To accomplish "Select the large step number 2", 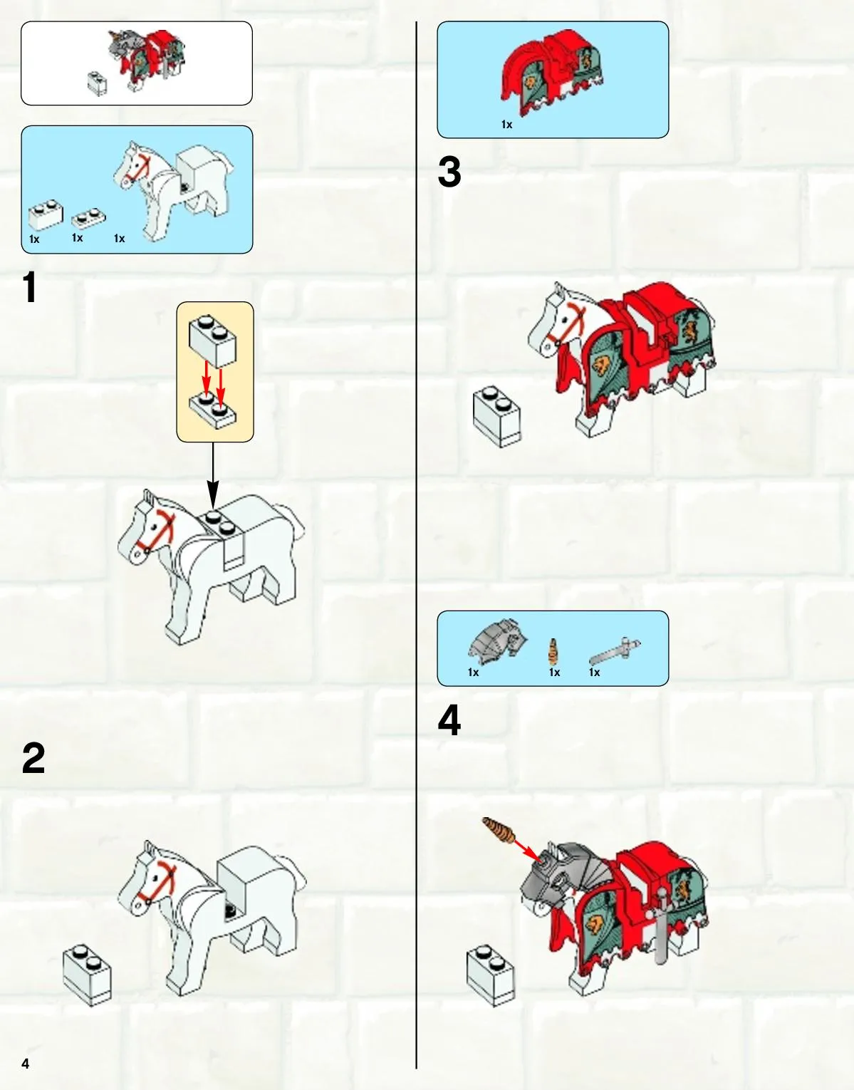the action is tap(33, 759).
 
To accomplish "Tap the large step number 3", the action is tap(449, 172).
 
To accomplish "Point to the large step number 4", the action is tap(449, 721).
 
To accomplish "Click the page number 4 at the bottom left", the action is tap(26, 1064).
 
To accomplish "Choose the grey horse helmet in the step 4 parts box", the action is tap(497, 638).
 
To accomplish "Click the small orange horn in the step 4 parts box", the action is tap(553, 652).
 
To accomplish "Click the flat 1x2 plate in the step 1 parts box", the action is tap(89, 219).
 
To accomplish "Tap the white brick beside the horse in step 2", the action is tap(88, 975).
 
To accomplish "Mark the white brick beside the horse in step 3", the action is tap(497, 416).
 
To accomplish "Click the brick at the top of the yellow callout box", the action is tap(213, 341).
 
